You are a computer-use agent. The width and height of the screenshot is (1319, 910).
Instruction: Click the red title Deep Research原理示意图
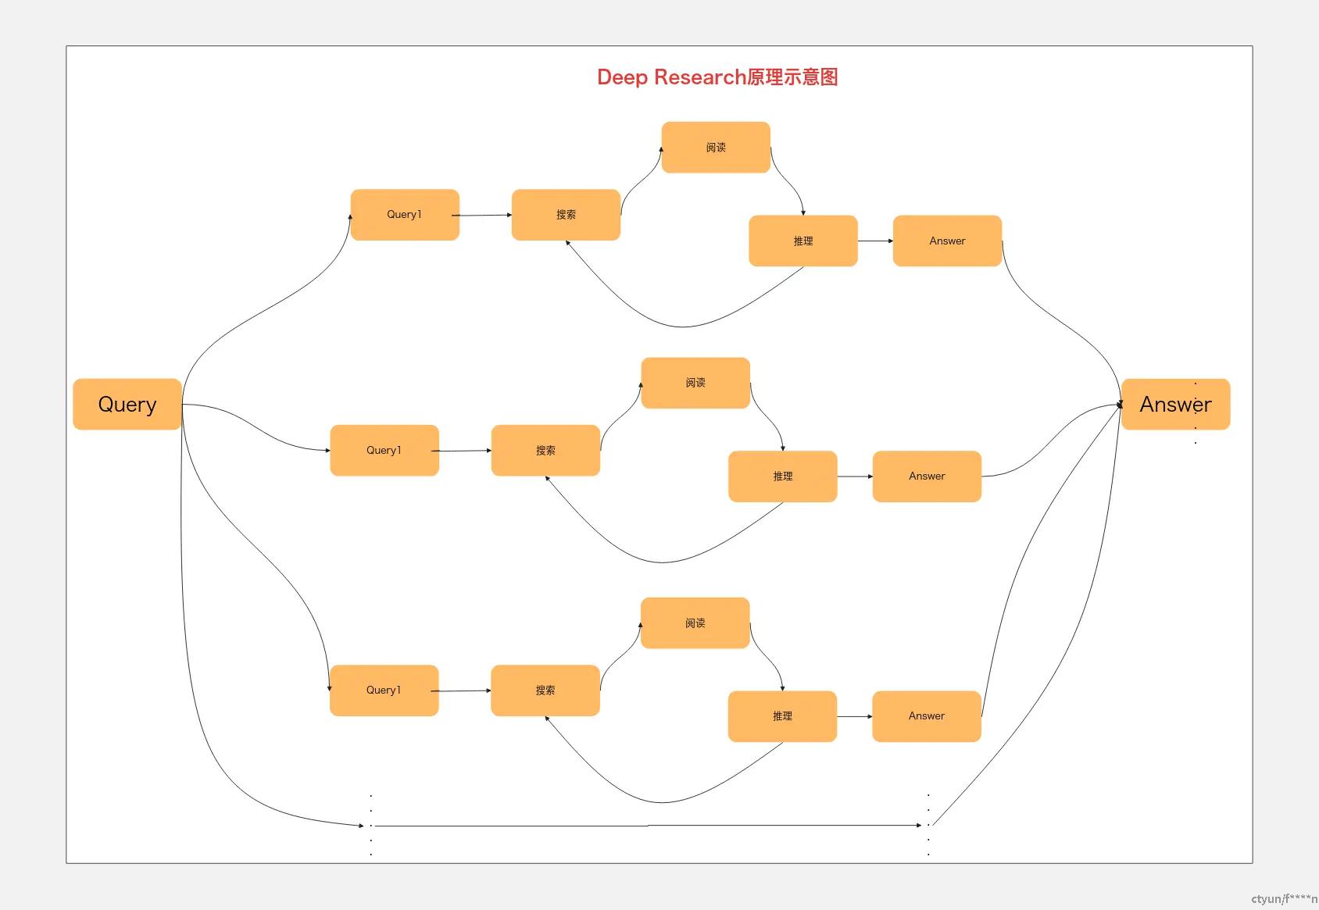tap(717, 77)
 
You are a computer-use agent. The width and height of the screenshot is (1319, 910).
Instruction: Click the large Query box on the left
tap(127, 405)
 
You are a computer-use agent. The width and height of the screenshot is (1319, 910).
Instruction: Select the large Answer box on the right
tap(1175, 405)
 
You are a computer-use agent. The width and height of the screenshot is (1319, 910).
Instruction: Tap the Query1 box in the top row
tap(405, 215)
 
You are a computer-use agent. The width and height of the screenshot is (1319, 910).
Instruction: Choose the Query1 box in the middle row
tap(384, 451)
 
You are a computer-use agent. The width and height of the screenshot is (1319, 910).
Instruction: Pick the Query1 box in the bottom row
tap(384, 691)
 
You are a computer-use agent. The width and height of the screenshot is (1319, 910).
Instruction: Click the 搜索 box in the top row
tap(566, 215)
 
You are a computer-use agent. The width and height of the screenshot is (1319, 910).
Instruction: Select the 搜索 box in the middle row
tap(545, 451)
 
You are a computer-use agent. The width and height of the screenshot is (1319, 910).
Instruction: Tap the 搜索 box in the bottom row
tap(545, 691)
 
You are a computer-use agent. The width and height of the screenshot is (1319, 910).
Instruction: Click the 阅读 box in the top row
tap(716, 148)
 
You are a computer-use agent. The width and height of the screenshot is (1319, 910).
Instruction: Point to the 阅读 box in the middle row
tap(695, 383)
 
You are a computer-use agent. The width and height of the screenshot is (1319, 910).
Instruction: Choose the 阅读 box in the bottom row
tap(695, 623)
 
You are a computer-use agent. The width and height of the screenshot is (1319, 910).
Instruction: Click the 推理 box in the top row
tap(803, 241)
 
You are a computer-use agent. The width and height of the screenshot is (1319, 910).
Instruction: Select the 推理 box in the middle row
tap(782, 476)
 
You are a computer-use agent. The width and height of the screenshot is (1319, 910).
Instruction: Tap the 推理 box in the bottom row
tap(782, 716)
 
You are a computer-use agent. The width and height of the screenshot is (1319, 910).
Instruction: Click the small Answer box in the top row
tap(947, 241)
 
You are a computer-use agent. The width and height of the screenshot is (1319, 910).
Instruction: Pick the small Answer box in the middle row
tap(927, 476)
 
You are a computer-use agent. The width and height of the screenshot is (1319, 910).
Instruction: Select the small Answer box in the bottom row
tap(926, 716)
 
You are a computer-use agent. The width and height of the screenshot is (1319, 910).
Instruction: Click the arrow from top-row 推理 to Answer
tap(875, 241)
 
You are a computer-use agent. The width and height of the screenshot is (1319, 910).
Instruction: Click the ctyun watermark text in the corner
tap(1283, 899)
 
